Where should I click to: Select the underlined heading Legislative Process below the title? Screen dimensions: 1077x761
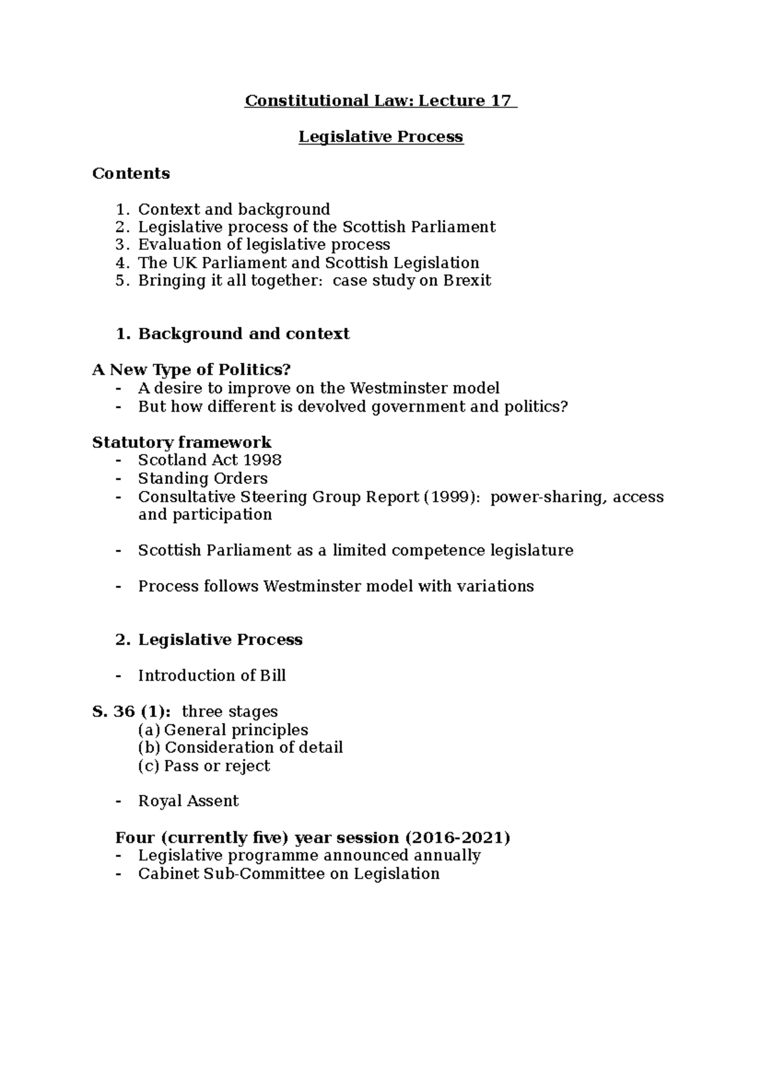pyautogui.click(x=381, y=137)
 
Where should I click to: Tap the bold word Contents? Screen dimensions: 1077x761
pyautogui.click(x=131, y=173)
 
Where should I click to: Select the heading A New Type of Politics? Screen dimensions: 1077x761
pyautogui.click(x=191, y=370)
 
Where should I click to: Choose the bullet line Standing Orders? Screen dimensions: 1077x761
pyautogui.click(x=203, y=478)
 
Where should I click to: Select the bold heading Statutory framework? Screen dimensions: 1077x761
pyautogui.click(x=181, y=442)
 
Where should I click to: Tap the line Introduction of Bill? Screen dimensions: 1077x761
pyautogui.click(x=212, y=676)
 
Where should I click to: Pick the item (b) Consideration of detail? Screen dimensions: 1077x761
pyautogui.click(x=240, y=748)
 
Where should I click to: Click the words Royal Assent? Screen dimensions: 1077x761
pyautogui.click(x=188, y=801)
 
